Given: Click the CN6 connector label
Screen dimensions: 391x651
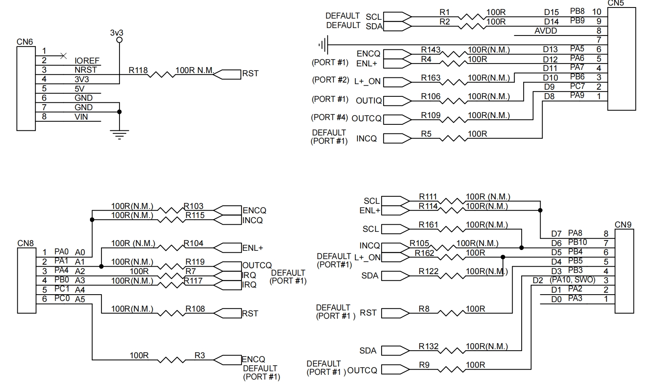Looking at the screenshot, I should tap(24, 41).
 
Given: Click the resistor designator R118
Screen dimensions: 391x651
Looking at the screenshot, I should tap(138, 70).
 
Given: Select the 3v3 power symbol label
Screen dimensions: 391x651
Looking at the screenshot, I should tap(116, 33).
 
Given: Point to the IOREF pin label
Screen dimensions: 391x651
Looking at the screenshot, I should tap(87, 61).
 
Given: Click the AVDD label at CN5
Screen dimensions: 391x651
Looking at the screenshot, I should tap(546, 31).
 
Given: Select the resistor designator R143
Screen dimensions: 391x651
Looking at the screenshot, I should tap(430, 50).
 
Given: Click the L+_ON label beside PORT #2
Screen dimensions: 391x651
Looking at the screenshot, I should tap(367, 81).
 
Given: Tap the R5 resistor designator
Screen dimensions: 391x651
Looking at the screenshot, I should tap(426, 134).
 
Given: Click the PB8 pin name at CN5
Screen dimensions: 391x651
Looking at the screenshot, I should tap(577, 11).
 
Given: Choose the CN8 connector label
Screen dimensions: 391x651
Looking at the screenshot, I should tap(25, 243).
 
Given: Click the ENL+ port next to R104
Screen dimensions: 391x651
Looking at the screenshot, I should tap(253, 248).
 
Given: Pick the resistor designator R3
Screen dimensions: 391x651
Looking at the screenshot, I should tap(200, 355).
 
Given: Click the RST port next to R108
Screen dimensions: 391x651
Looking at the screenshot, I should tap(250, 314).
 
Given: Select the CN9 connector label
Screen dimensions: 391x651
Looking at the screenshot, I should tap(623, 225).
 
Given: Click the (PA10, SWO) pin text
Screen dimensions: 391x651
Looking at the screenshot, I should tap(572, 280).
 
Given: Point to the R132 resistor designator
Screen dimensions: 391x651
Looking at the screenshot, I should tap(428, 346).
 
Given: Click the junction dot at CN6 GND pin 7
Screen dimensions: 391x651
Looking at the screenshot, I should tap(120, 112).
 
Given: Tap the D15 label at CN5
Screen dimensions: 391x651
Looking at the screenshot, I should tap(551, 13).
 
